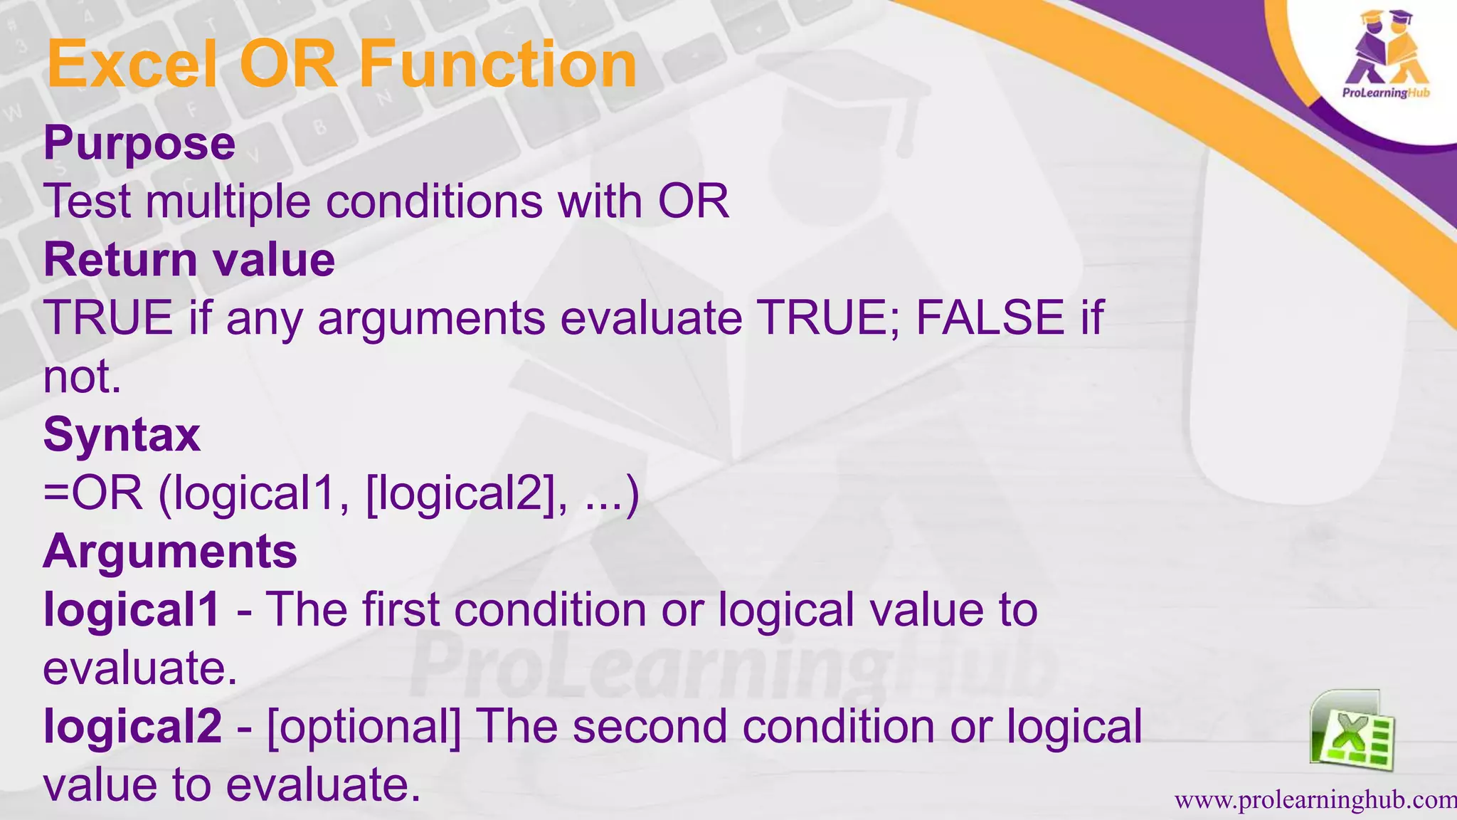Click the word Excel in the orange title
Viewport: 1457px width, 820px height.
[132, 65]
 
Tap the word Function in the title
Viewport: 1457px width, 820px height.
[497, 65]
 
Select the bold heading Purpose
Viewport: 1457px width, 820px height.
[139, 144]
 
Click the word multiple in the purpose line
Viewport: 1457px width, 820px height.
[228, 201]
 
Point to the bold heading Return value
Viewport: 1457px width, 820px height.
[189, 260]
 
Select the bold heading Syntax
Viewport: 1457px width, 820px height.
[122, 435]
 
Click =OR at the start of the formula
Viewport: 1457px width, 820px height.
[93, 493]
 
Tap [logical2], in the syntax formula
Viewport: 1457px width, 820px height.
[467, 494]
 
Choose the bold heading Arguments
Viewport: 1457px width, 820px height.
[170, 552]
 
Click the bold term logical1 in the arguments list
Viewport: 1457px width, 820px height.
[132, 611]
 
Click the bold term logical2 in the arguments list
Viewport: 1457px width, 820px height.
[132, 727]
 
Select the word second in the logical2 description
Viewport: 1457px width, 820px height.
[650, 727]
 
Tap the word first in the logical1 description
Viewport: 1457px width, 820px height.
[401, 610]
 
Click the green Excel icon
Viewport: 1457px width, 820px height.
[1352, 731]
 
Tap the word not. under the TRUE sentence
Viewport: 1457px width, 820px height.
[83, 377]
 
